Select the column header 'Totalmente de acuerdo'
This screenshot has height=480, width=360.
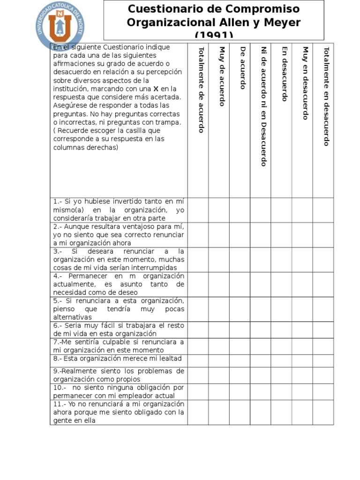pos(201,90)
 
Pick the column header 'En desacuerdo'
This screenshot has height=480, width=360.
pos(284,74)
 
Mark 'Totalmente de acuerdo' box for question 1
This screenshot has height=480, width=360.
pos(198,210)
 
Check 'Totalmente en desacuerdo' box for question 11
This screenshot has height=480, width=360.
pos(323,412)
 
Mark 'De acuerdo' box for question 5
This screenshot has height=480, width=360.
pos(240,309)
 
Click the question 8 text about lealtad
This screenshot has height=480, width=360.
pos(117,359)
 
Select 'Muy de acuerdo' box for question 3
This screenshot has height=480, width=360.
pos(219,260)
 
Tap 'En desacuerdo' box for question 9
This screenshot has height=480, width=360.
pos(281,375)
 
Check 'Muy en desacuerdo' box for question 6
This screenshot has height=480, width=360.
pos(302,330)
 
